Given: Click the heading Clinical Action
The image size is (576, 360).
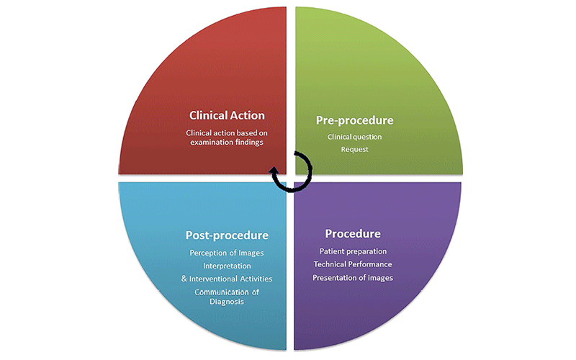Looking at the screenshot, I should pos(227,114).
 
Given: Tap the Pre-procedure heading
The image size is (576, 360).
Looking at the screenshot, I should pos(354,120).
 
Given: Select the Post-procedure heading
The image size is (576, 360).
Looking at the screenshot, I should pos(227,235).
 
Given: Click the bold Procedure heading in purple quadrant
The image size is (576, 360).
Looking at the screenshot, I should pos(353,234).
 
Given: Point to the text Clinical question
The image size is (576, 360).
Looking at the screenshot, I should pos(354,137).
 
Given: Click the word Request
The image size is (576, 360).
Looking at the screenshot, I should pos(354,149).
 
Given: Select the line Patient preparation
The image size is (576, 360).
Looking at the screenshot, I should pos(353,251).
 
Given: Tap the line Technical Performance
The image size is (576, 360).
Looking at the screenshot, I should pos(353,264).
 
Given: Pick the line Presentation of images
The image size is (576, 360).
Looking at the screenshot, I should pos(353,277).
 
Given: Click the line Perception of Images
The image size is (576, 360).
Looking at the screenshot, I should pos(227,253).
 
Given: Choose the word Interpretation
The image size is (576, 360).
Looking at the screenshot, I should pos(227,266).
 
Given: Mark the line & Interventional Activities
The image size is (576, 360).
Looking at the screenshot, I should pos(227,279).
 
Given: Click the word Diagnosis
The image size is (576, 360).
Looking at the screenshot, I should pos(227,302).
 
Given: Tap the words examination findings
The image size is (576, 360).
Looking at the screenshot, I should pos(227,143).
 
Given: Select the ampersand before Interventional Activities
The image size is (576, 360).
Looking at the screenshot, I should pos(184,279).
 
